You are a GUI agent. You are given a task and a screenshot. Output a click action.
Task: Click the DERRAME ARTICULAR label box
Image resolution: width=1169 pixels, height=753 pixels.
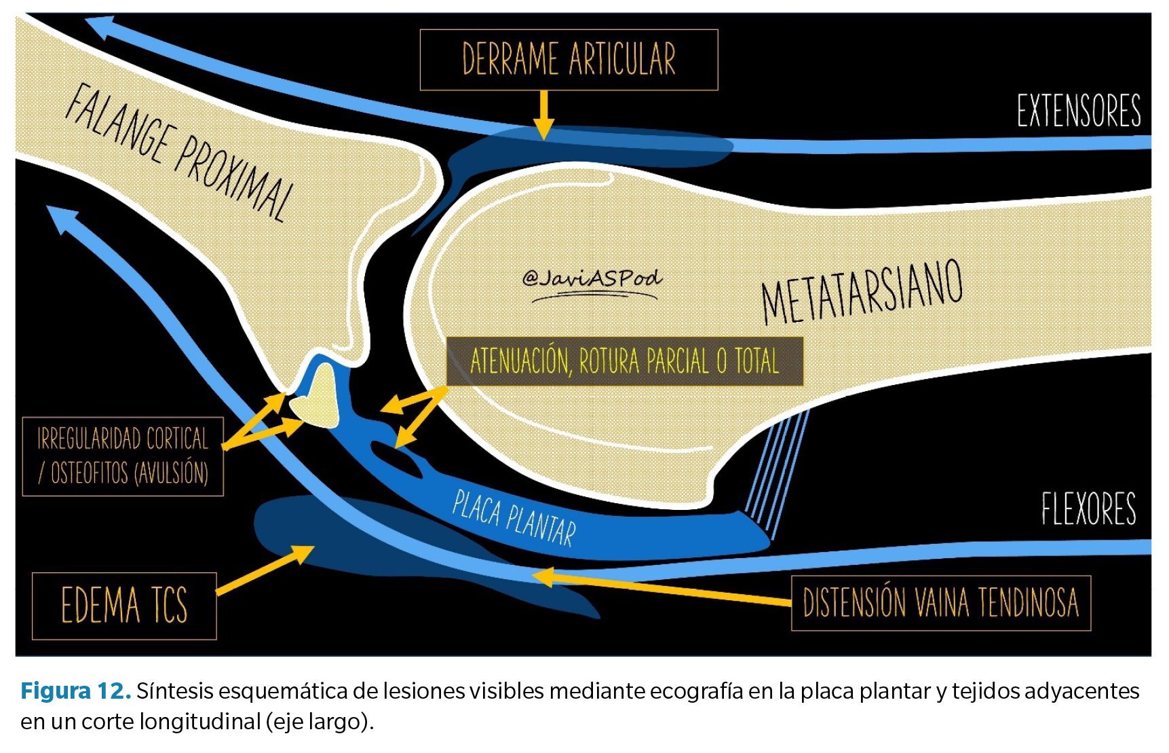[569, 60]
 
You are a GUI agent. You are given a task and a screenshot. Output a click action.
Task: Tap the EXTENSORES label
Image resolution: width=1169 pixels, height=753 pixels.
[1078, 111]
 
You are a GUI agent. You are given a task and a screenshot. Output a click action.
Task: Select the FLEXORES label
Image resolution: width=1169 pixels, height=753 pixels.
[1088, 509]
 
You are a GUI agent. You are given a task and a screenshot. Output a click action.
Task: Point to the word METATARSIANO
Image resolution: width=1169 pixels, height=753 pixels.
[862, 292]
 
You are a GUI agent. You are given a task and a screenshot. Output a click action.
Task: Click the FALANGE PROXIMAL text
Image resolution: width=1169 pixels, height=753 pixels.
[180, 152]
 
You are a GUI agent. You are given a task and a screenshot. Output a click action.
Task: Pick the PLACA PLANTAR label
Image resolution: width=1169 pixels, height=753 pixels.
[514, 518]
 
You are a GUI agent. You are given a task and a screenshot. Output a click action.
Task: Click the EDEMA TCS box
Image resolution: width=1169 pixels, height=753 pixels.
[124, 606]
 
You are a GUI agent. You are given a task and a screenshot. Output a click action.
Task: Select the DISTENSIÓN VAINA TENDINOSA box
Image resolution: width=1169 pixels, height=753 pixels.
[941, 603]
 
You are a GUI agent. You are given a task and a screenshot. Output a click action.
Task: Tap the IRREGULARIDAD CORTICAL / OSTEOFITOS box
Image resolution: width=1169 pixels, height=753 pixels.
[123, 456]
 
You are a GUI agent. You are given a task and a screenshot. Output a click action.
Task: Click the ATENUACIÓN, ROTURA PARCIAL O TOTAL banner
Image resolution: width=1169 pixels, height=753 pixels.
[624, 361]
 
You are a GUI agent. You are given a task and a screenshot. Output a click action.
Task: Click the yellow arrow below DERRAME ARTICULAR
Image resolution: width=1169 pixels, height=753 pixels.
[543, 115]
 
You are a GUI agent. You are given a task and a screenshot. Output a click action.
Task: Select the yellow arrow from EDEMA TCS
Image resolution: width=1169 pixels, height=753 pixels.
[265, 570]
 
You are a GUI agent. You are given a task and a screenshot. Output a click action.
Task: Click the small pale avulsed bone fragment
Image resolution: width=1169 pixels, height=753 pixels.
[316, 397]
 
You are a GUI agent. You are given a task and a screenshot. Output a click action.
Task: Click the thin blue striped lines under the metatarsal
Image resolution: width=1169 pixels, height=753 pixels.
[778, 472]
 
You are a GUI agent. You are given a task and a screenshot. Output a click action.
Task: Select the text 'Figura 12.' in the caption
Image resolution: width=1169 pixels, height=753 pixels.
[76, 691]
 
